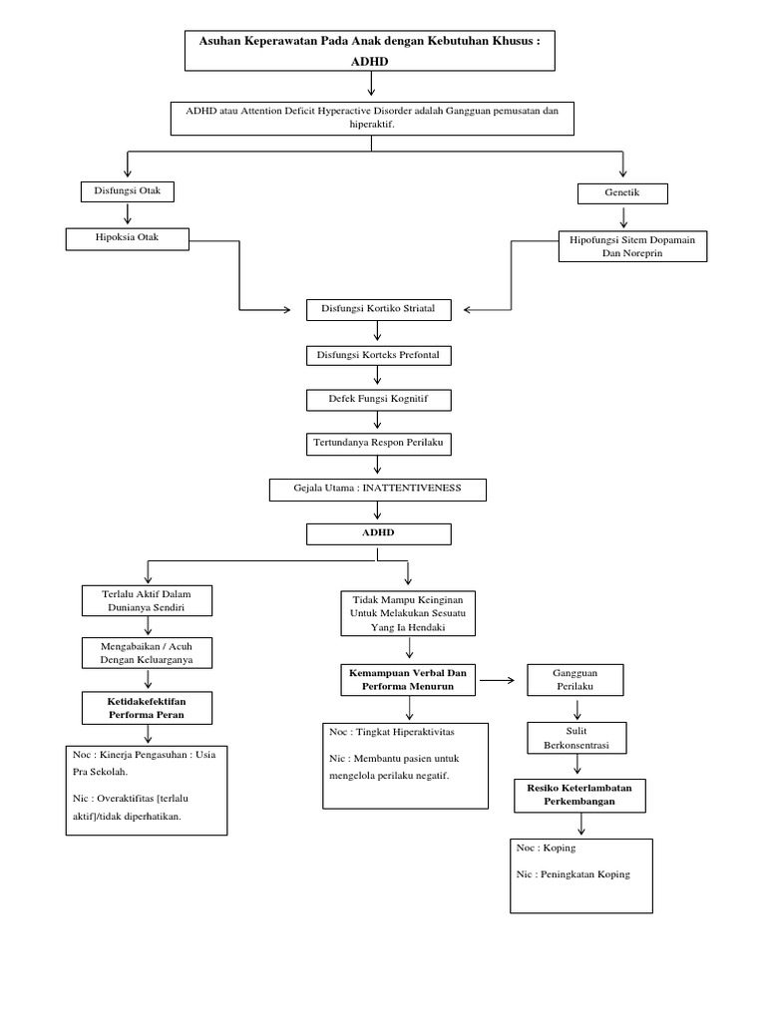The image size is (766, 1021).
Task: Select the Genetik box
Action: tap(622, 193)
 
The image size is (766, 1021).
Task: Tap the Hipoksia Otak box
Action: tap(127, 238)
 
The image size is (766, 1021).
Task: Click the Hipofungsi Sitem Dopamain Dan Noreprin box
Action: tap(632, 246)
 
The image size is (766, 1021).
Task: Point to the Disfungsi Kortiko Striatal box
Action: tap(378, 310)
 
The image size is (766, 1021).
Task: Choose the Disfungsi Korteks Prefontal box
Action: tap(378, 355)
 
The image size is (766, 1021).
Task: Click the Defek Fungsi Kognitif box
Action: tap(378, 400)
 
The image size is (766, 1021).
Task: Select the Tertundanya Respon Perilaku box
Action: tap(378, 445)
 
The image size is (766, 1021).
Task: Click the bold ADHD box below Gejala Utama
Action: tap(378, 533)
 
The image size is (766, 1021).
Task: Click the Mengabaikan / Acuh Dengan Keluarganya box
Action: tap(147, 653)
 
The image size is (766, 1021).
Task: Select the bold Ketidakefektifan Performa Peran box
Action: tap(147, 708)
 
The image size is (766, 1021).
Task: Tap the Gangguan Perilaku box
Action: tap(574, 680)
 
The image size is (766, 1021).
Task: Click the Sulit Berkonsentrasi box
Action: tap(577, 737)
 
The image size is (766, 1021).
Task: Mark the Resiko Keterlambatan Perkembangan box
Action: tap(579, 794)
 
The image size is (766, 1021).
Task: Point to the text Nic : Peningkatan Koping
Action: tap(574, 874)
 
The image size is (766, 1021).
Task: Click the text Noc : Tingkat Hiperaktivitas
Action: tap(392, 732)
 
